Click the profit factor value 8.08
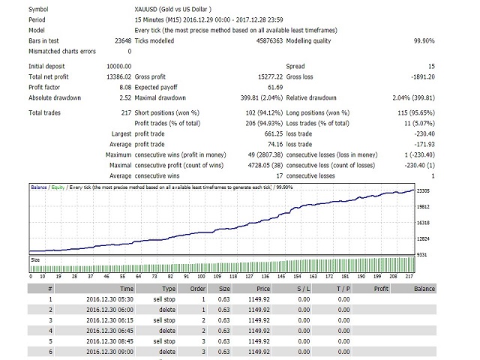123,87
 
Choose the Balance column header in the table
424,287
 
